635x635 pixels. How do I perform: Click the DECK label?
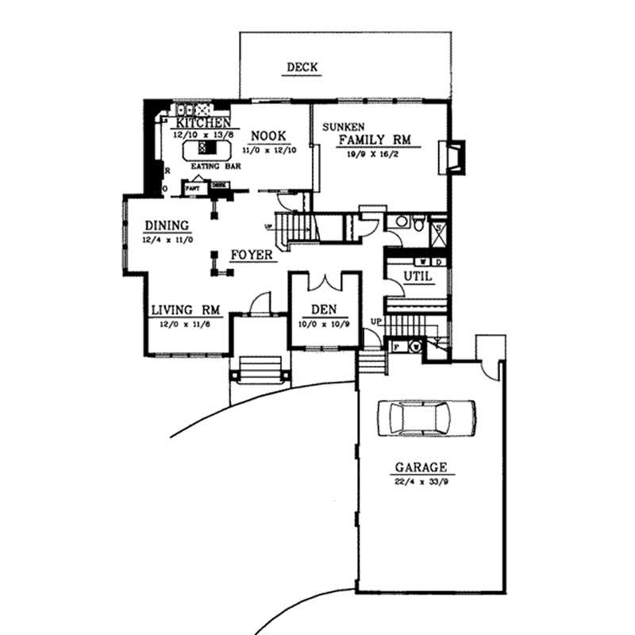click(302, 67)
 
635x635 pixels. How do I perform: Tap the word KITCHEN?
click(203, 123)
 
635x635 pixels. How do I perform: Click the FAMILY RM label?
click(374, 140)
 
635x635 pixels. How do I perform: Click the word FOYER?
click(252, 256)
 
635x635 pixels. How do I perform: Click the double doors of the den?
click(325, 283)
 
